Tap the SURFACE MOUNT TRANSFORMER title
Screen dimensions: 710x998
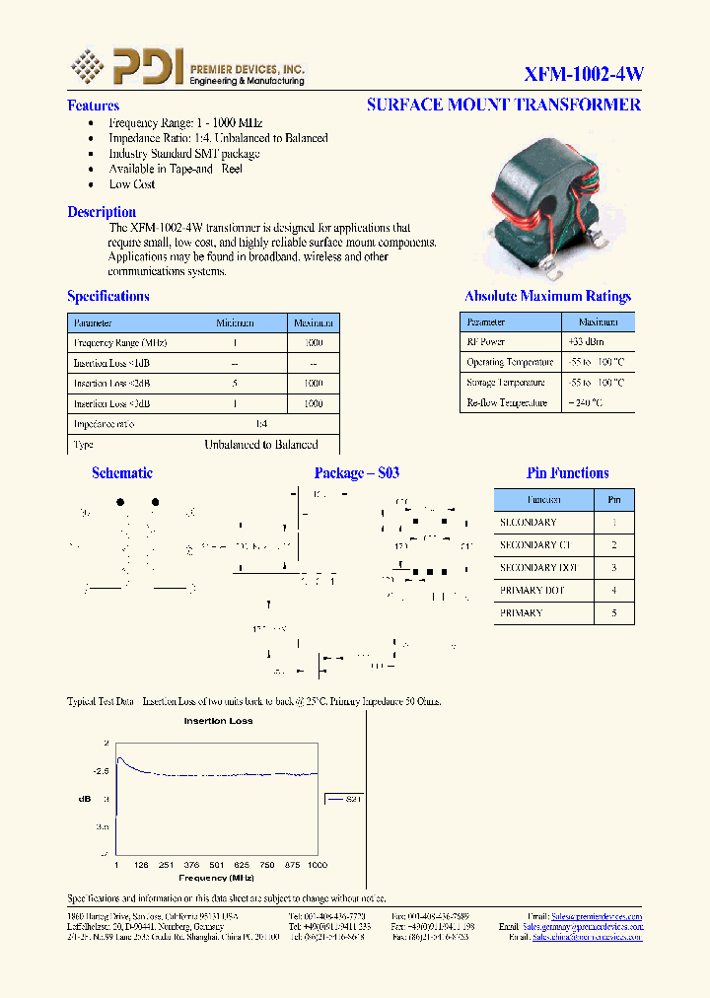(503, 105)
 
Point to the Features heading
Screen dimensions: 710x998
(93, 106)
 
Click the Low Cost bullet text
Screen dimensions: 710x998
(132, 184)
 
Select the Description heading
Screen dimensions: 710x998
(102, 212)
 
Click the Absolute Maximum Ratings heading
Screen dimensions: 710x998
(547, 296)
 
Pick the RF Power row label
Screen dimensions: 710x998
(486, 341)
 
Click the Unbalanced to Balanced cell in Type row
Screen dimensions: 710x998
(260, 445)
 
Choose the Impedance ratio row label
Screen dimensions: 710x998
(104, 424)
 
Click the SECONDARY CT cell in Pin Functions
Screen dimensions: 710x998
(535, 544)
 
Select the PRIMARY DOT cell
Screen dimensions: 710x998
(532, 590)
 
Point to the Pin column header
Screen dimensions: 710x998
(613, 500)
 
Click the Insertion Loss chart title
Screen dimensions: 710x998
(218, 721)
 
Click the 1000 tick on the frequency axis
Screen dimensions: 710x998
(317, 865)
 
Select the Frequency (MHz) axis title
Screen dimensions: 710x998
(216, 877)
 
